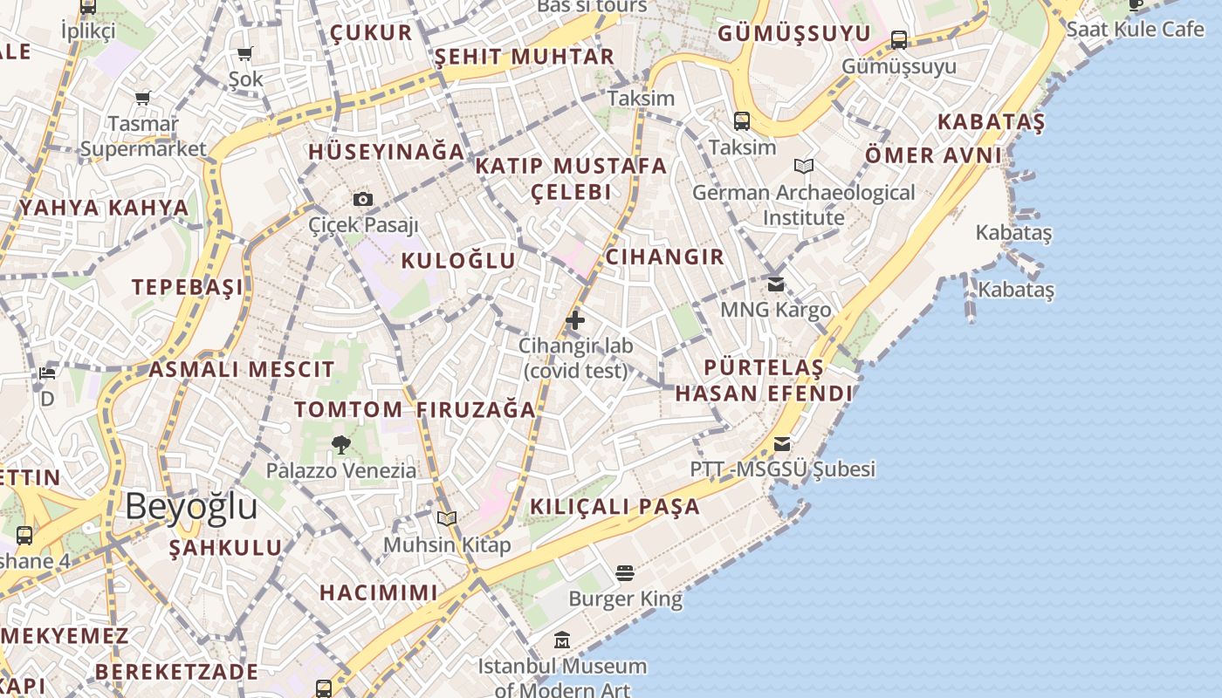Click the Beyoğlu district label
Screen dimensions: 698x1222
(191, 506)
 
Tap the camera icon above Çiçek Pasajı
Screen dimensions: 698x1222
(363, 199)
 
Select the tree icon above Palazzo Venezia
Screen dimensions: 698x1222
(341, 445)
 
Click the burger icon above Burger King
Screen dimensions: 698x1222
(625, 573)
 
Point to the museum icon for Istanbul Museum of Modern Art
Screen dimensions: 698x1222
(562, 640)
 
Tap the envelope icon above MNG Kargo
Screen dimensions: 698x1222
(775, 284)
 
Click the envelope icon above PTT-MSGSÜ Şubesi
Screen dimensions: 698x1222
(782, 444)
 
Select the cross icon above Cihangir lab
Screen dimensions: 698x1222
(575, 320)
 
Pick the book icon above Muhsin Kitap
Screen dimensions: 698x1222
(447, 519)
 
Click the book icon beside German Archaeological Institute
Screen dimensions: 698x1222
(804, 166)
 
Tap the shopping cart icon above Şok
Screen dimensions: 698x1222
(245, 54)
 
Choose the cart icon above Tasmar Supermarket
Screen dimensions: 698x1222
(143, 98)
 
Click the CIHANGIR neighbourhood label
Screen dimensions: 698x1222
(664, 257)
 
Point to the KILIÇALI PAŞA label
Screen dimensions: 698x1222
(615, 506)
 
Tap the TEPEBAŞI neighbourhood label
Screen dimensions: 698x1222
(188, 287)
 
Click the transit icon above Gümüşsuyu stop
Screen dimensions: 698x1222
(898, 39)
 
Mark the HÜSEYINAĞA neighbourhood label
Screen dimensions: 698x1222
(387, 151)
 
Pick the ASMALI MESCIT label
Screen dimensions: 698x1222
(242, 369)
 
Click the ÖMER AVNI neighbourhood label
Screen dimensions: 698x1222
(933, 155)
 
